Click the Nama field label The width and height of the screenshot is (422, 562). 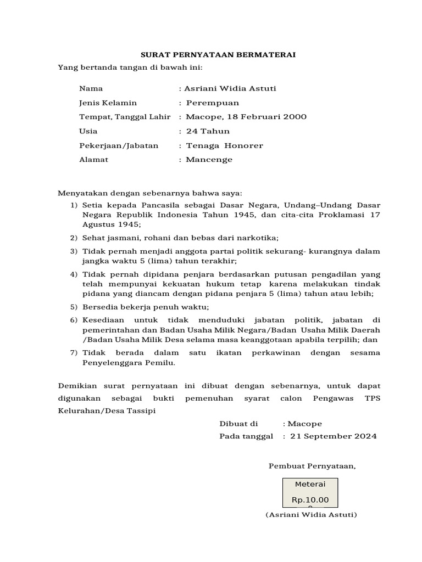click(x=91, y=88)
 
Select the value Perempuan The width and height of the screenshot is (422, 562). click(x=212, y=103)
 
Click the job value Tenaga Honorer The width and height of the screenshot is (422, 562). click(x=224, y=145)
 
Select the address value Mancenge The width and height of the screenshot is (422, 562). click(x=209, y=160)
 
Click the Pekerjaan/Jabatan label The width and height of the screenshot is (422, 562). click(x=119, y=145)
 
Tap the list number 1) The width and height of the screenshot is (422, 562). click(x=74, y=205)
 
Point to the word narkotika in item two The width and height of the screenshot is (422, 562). click(x=258, y=238)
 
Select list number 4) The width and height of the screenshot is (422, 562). click(x=74, y=274)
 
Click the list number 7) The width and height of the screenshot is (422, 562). click(x=74, y=353)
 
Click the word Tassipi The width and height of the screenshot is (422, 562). click(x=143, y=411)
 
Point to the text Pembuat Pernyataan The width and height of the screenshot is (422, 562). click(x=312, y=466)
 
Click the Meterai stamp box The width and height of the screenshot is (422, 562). click(x=310, y=492)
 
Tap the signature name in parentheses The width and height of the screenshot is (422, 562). click(x=311, y=515)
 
